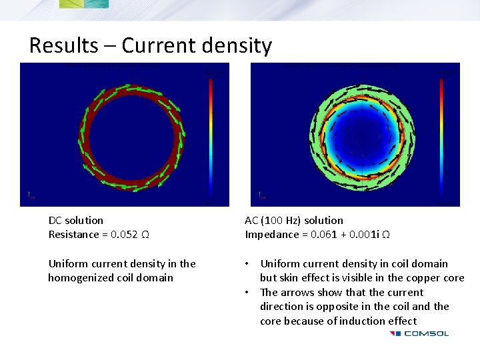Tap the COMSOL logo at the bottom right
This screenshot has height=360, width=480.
tap(419, 333)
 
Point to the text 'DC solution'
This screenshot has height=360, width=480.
tap(76, 220)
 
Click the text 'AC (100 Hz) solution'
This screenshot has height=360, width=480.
tap(294, 220)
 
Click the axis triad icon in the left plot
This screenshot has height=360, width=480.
tap(31, 195)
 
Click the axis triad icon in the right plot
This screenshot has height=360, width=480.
tap(261, 195)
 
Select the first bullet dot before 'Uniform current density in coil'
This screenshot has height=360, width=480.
tap(248, 264)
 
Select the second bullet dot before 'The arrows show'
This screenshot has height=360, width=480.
tap(248, 293)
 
